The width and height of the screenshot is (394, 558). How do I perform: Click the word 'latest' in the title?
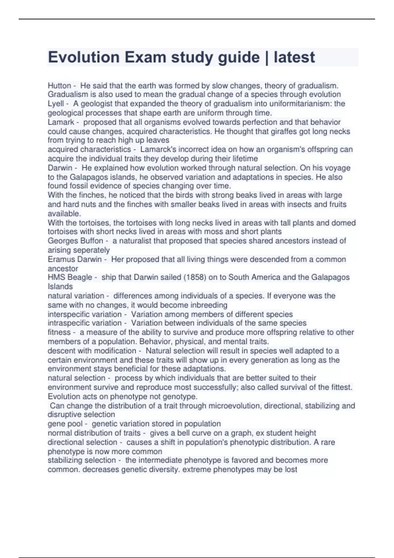[x=294, y=57]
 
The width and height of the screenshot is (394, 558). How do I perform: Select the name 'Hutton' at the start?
[x=59, y=86]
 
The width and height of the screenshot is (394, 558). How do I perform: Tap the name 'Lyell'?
[x=56, y=104]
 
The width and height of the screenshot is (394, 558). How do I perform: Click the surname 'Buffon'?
[x=92, y=241]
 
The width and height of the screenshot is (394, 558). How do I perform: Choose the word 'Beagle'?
[x=80, y=277]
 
